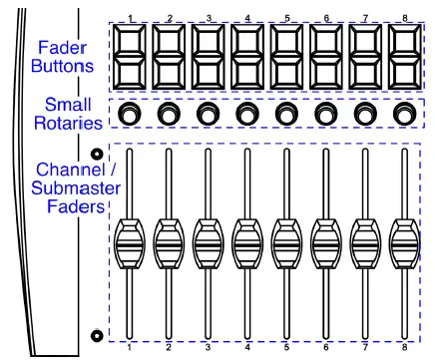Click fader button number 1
click(130, 57)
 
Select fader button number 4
click(247, 57)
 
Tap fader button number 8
click(405, 57)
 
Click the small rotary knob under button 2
click(169, 114)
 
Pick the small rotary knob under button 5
click(286, 114)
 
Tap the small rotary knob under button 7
click(365, 114)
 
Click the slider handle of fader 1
click(130, 244)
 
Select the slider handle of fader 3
click(209, 244)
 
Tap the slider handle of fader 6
click(326, 244)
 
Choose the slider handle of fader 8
click(405, 244)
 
